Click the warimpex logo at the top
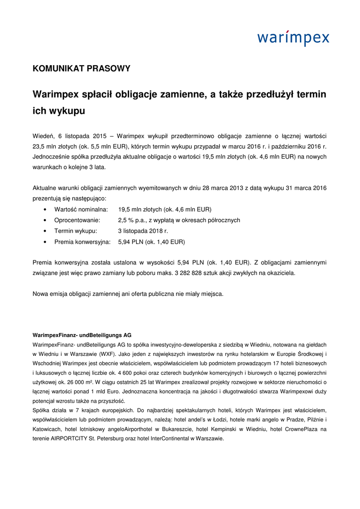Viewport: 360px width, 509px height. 293,37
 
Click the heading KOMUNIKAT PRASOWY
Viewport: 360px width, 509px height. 82,69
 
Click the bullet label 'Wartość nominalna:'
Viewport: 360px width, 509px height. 81,209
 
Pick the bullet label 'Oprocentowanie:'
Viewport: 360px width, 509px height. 77,220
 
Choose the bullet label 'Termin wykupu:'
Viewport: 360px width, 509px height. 76,231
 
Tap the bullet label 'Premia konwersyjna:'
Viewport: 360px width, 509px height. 82,242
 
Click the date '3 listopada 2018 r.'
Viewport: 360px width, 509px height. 143,231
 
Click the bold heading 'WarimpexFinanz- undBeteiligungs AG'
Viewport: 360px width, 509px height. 82,335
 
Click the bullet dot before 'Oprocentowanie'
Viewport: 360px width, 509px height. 46,220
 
